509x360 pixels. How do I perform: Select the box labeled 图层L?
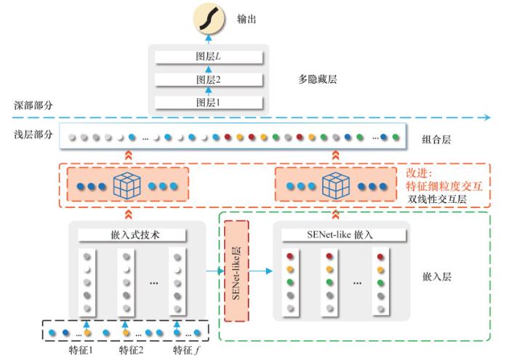click(209, 56)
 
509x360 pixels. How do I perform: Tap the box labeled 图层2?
click(209, 79)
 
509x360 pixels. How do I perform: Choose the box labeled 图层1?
click(209, 103)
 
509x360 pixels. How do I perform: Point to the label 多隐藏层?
click(318, 79)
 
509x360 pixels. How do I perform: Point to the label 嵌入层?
click(436, 277)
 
